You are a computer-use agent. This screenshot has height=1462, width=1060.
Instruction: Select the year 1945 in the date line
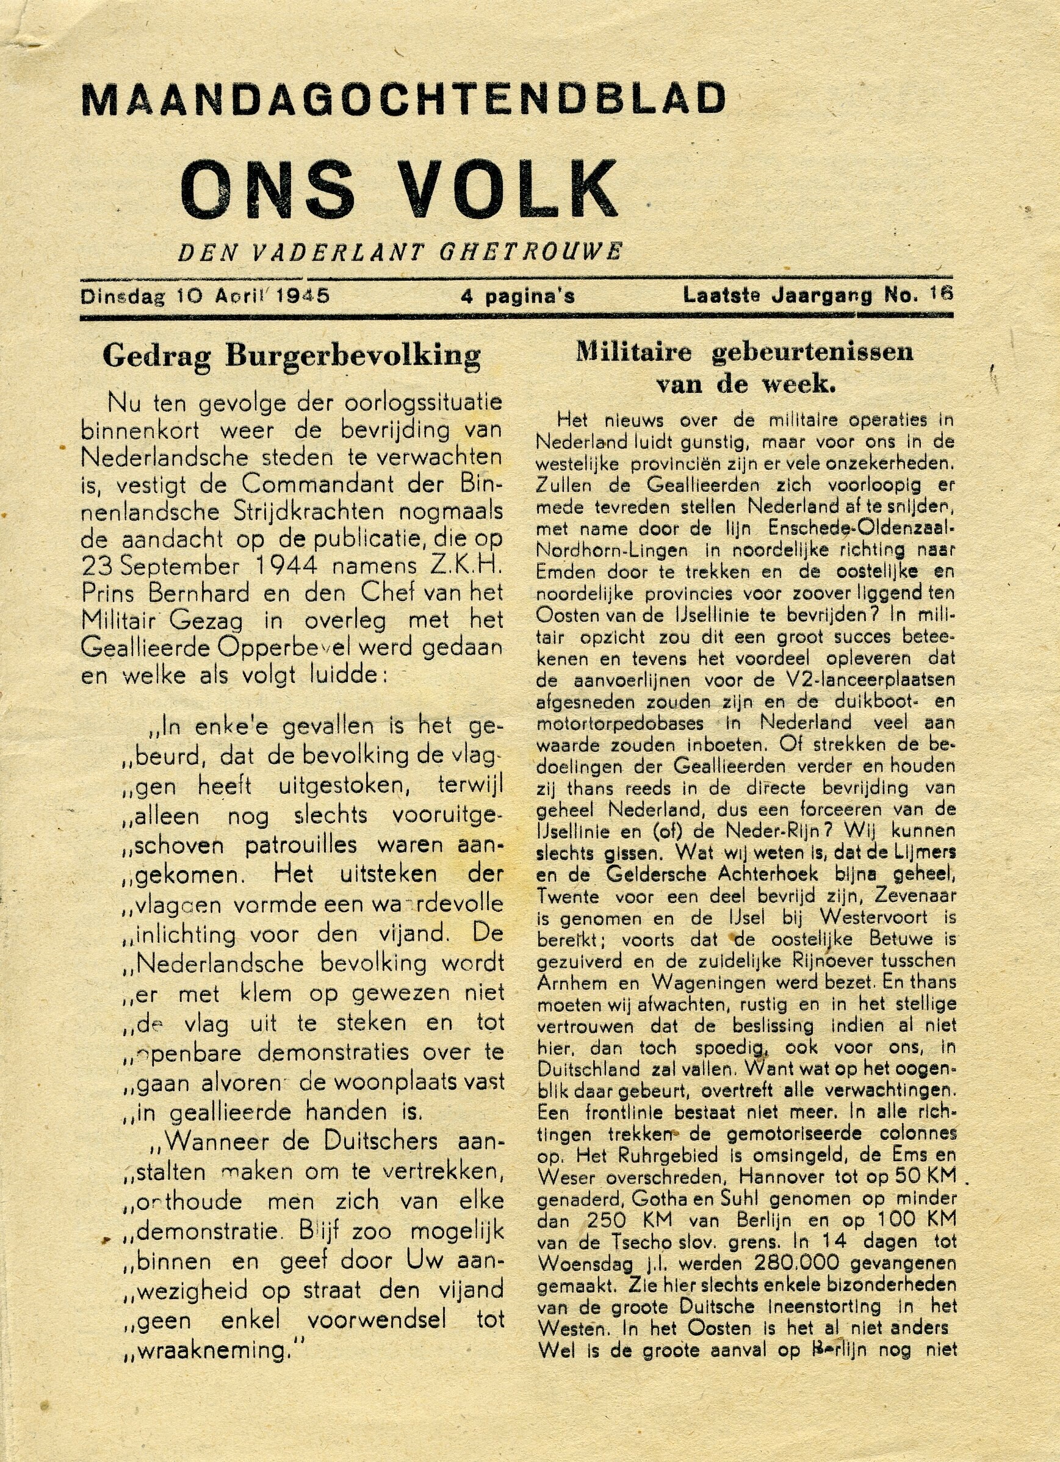[x=303, y=296]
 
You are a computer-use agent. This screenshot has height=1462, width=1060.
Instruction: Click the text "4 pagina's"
[x=517, y=297]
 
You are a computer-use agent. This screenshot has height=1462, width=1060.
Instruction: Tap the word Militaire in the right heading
[x=633, y=352]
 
